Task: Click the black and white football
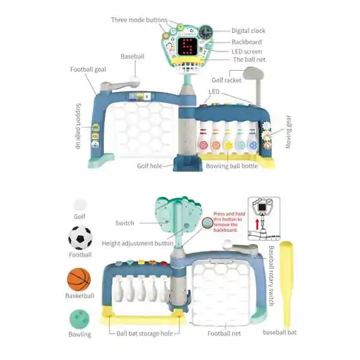pyautogui.click(x=80, y=238)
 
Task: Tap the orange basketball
pyautogui.click(x=79, y=279)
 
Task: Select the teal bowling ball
pyautogui.click(x=79, y=319)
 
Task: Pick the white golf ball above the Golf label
pyautogui.click(x=80, y=205)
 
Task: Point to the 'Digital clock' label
pyautogui.click(x=248, y=31)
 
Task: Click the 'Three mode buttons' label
pyautogui.click(x=139, y=20)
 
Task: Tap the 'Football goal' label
pyautogui.click(x=88, y=70)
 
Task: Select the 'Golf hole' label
pyautogui.click(x=150, y=166)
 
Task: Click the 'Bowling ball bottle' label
pyautogui.click(x=232, y=166)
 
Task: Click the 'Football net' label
pyautogui.click(x=224, y=333)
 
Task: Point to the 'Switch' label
pyautogui.click(x=125, y=223)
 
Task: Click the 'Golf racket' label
pyautogui.click(x=227, y=80)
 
